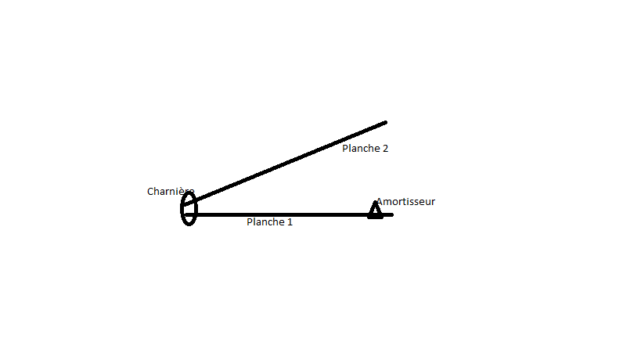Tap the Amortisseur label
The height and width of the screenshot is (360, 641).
click(x=405, y=202)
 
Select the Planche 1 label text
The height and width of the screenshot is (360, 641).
click(x=269, y=222)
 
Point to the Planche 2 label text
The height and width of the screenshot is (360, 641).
click(x=365, y=148)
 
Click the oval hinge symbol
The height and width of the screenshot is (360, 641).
click(x=189, y=209)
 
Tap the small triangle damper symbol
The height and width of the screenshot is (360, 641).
click(x=376, y=210)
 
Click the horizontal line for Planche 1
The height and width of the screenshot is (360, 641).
click(x=282, y=214)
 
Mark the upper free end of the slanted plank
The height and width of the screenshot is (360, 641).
click(x=385, y=123)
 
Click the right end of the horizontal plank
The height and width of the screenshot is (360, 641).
click(x=391, y=214)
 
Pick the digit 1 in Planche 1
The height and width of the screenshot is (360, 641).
click(x=290, y=222)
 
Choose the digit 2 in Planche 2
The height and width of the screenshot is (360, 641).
click(x=385, y=148)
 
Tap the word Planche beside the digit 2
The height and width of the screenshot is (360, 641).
click(x=361, y=148)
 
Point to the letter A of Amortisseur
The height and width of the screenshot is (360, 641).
click(x=380, y=202)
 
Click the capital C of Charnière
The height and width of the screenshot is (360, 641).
click(x=150, y=192)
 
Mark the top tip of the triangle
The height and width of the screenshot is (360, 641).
click(x=376, y=203)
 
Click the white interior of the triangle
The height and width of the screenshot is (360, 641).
click(x=376, y=211)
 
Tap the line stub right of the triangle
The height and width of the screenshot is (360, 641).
click(x=387, y=214)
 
